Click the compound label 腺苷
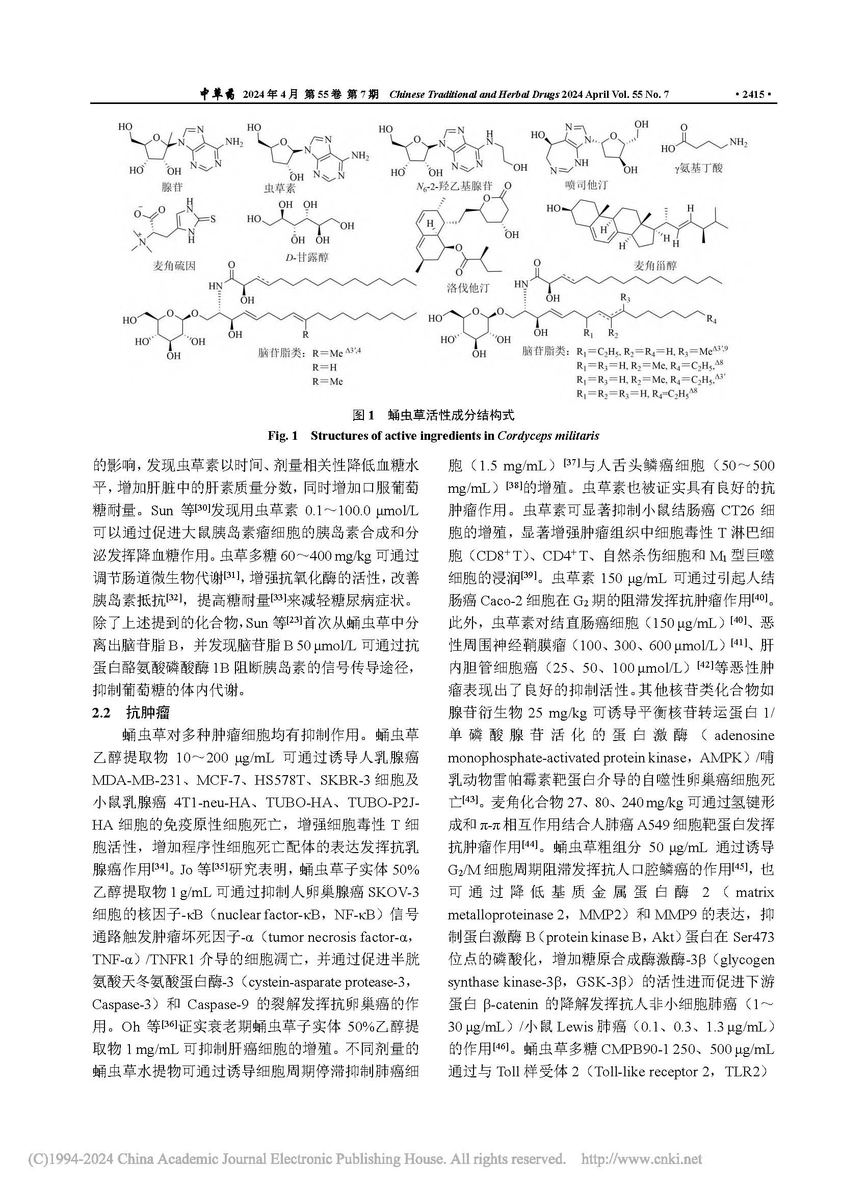(x=172, y=187)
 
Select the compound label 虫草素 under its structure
(x=279, y=188)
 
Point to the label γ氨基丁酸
(x=699, y=168)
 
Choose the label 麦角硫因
(x=174, y=266)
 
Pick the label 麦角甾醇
(x=655, y=265)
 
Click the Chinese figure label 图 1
(x=363, y=415)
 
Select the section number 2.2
(x=102, y=712)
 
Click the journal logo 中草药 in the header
(x=218, y=95)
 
